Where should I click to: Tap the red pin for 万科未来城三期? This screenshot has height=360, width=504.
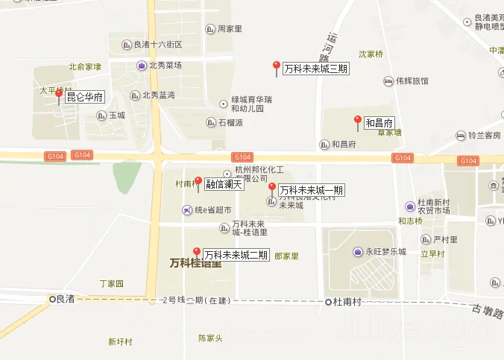pyautogui.click(x=277, y=67)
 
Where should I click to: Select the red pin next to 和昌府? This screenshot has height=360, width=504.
pyautogui.click(x=357, y=121)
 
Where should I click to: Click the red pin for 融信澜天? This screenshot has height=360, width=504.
pyautogui.click(x=198, y=182)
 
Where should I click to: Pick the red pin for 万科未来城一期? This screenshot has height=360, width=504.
pyautogui.click(x=272, y=188)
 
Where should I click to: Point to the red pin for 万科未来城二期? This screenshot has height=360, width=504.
pyautogui.click(x=197, y=253)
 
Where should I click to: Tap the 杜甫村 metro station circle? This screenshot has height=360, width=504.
pyautogui.click(x=328, y=302)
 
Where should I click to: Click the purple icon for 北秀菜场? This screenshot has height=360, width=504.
pyautogui.click(x=141, y=66)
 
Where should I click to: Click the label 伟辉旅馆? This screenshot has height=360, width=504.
pyautogui.click(x=412, y=81)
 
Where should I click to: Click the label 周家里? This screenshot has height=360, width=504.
pyautogui.click(x=229, y=29)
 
